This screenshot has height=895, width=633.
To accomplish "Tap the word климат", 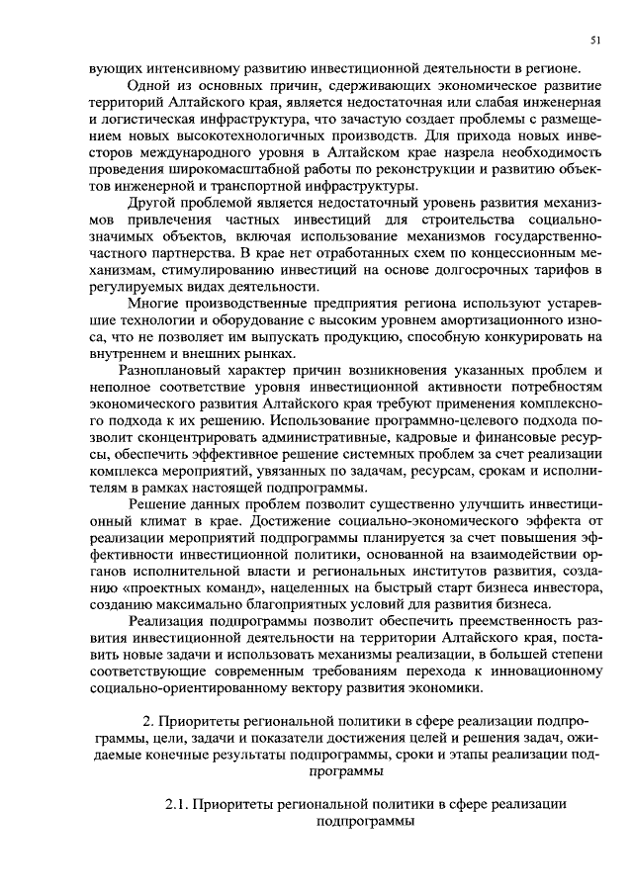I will pos(167,520).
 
